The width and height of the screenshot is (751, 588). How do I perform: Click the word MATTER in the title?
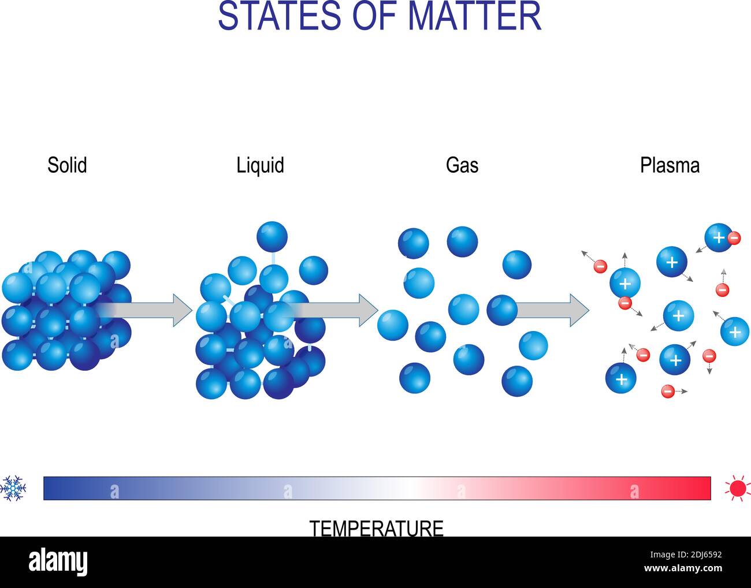[x=475, y=16]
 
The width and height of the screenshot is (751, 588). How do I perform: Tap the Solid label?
[x=67, y=165]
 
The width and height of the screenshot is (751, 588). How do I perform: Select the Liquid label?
[x=260, y=165]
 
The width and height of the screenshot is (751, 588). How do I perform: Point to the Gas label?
[x=462, y=165]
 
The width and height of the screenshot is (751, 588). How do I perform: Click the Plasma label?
[x=669, y=165]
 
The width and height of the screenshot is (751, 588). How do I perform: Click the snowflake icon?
[x=13, y=488]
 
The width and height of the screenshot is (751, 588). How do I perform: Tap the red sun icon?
[x=737, y=489]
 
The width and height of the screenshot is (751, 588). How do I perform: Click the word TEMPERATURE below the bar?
[x=376, y=528]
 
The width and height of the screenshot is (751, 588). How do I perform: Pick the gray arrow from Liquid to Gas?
[x=335, y=310]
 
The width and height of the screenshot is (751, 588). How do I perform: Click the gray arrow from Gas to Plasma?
[x=549, y=310]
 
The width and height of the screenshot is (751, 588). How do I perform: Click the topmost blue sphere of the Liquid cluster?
[x=272, y=236]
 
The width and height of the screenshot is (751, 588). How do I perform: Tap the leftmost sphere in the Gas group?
[x=393, y=325]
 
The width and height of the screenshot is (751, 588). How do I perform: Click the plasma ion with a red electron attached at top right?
[x=719, y=238]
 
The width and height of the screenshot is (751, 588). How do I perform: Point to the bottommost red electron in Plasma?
[x=667, y=392]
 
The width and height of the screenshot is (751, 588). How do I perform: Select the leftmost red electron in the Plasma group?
[x=600, y=267]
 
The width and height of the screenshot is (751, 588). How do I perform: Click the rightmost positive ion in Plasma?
[x=735, y=332]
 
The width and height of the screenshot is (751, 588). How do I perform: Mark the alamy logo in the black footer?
[x=58, y=561]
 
